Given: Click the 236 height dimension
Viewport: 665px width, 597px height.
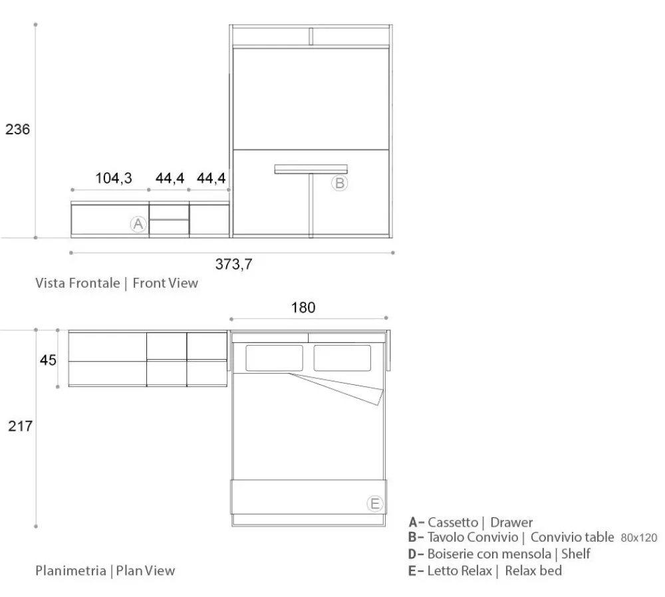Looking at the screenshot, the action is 17,129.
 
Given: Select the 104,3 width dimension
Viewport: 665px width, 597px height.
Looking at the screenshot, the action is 114,178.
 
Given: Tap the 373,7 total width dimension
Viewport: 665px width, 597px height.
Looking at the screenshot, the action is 233,264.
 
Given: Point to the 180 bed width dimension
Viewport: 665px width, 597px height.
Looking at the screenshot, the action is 303,307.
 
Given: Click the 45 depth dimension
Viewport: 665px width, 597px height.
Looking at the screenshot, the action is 48,360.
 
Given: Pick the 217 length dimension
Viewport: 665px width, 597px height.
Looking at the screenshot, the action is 20,425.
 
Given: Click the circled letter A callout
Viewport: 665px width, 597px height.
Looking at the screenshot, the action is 138,224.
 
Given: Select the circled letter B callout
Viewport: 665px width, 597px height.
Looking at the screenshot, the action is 339,183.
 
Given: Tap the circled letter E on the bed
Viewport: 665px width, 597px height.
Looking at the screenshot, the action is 375,504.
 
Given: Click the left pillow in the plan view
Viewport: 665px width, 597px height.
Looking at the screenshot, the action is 275,358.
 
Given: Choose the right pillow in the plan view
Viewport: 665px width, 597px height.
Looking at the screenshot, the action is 342,358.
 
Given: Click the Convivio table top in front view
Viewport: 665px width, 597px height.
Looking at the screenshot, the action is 311,169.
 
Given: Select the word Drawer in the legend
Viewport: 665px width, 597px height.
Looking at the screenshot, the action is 511,523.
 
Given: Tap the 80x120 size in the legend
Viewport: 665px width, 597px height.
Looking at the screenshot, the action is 639,538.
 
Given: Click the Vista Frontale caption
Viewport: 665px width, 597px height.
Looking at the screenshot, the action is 78,283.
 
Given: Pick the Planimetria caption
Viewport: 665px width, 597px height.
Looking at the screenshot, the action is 70,570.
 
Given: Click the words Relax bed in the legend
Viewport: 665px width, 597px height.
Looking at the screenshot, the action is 533,570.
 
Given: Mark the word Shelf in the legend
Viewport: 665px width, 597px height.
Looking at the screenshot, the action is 576,554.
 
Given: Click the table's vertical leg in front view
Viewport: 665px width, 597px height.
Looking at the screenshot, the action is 311,205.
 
